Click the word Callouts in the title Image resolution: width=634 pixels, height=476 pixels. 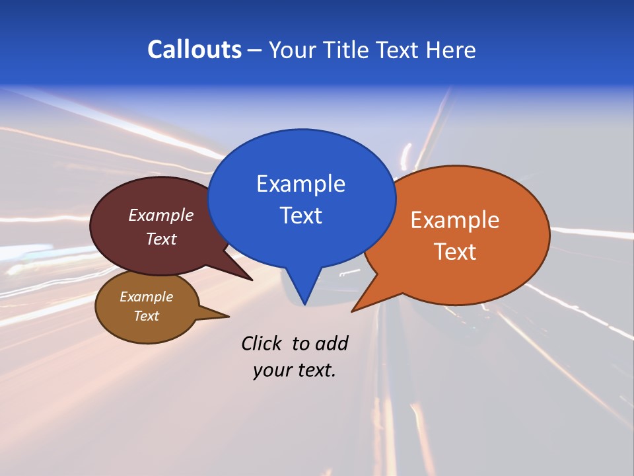coord(194,50)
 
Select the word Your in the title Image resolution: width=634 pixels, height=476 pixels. coord(293,50)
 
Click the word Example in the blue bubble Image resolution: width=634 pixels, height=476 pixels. coord(300,184)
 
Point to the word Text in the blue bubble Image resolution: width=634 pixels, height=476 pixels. coord(300,216)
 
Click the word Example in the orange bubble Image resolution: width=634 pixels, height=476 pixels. coord(455,220)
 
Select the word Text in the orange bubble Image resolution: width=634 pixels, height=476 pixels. coord(455,252)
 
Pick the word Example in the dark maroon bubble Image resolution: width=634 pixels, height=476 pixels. coord(161,215)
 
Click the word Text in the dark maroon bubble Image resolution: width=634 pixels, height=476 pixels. coord(161,239)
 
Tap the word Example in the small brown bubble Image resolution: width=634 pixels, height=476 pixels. coord(146,297)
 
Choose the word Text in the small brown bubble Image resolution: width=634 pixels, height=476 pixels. coord(146,316)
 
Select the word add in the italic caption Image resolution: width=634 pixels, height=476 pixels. coord(332,343)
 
